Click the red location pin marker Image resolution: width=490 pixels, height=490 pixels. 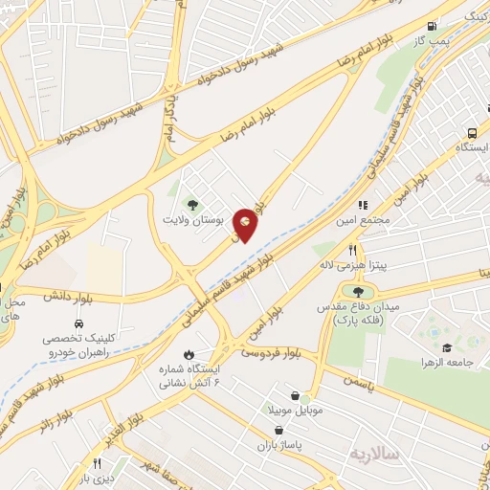[x=246, y=224]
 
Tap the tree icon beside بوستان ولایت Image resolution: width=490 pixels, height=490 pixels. [x=192, y=204]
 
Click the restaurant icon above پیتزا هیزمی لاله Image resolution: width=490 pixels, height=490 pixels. [x=352, y=250]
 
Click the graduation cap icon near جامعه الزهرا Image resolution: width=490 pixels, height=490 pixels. [x=447, y=346]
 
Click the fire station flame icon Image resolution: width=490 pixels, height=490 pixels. [x=189, y=353]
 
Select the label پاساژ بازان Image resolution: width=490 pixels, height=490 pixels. [x=279, y=446]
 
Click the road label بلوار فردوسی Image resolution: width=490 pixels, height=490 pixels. [x=266, y=354]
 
